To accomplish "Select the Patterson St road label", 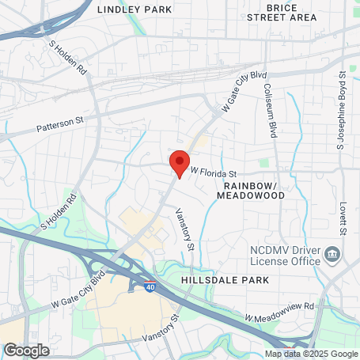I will [60, 124].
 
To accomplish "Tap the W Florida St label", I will [214, 172].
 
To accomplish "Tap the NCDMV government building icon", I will [334, 255].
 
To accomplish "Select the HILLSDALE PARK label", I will [237, 280].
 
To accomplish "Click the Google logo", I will [27, 350].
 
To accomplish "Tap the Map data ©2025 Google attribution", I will [312, 354].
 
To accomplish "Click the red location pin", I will [180, 163].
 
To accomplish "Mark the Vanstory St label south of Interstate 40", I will [162, 326].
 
